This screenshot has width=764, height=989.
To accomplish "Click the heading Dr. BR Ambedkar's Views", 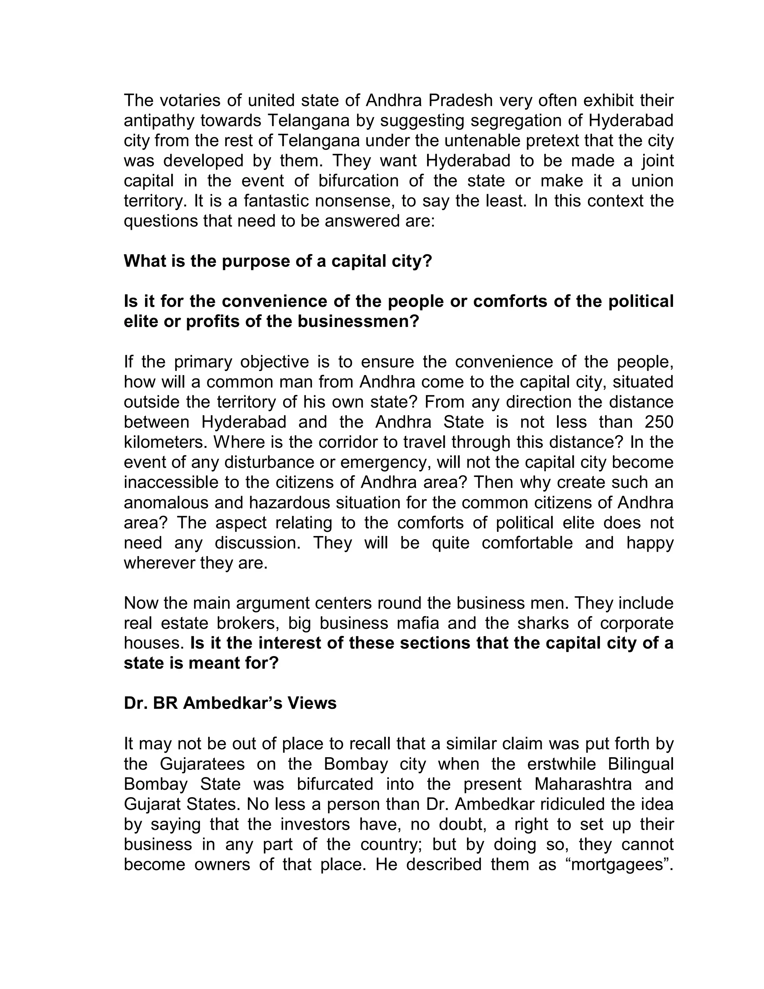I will coord(230,703).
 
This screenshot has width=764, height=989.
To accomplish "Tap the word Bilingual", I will coord(640,764).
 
